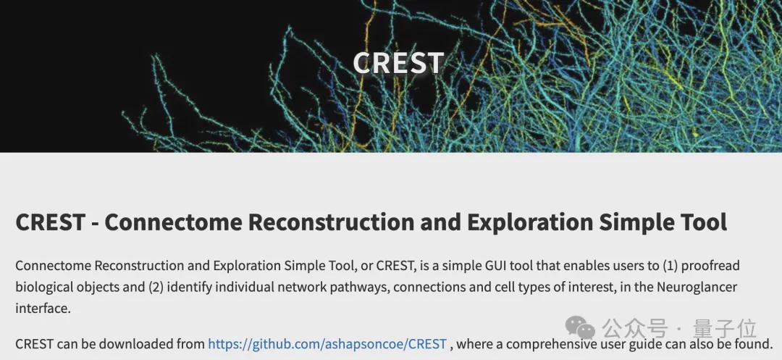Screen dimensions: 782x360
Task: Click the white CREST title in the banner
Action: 398,63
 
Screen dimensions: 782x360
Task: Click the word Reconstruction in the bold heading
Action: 331,222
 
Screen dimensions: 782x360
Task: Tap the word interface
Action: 43,309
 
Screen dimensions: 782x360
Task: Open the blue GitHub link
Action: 327,345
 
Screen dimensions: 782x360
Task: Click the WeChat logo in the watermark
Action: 580,327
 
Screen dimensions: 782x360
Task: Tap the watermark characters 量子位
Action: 725,329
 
